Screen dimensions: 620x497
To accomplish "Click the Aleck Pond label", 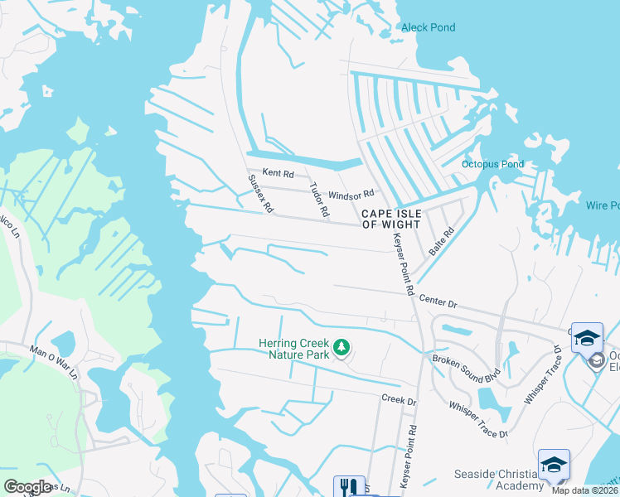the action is click(x=428, y=27).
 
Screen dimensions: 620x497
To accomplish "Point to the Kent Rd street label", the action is click(x=278, y=174).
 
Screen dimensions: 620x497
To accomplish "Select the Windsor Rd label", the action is click(x=351, y=195).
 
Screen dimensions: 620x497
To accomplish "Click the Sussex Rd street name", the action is click(x=260, y=194).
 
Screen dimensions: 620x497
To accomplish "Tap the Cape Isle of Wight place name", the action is click(x=391, y=219).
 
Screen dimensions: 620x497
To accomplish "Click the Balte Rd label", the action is click(x=438, y=241).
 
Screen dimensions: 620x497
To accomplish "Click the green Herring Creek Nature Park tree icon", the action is click(x=340, y=347).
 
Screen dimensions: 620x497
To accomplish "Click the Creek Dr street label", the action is click(x=399, y=400).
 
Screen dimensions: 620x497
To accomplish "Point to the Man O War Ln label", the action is click(x=53, y=362).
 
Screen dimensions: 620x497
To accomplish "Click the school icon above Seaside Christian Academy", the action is click(x=554, y=465).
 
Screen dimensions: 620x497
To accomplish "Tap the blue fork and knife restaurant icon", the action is click(x=349, y=487).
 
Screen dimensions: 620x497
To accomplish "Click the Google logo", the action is click(x=27, y=487).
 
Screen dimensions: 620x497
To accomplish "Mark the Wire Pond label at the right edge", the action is click(x=603, y=205).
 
